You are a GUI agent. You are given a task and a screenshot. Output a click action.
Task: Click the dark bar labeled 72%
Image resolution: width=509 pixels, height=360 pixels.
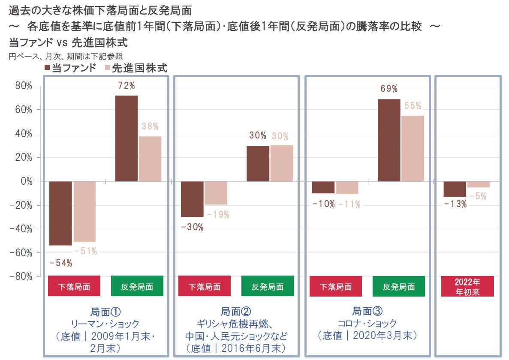click(126, 138)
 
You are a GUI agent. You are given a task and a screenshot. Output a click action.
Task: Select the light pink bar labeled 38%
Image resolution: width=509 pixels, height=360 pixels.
click(150, 159)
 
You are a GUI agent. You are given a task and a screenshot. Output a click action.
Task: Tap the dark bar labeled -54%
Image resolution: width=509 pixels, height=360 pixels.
click(60, 213)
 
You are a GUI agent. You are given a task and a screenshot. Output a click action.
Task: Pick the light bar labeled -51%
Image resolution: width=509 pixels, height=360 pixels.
click(84, 211)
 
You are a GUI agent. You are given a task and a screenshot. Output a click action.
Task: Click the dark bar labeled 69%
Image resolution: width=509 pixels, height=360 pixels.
click(389, 140)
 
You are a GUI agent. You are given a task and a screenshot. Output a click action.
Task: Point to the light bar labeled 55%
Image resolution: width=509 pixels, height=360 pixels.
click(412, 148)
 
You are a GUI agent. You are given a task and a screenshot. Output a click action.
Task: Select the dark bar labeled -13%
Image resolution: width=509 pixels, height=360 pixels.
click(455, 189)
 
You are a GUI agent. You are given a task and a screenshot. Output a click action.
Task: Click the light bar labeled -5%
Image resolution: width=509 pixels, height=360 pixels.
click(478, 184)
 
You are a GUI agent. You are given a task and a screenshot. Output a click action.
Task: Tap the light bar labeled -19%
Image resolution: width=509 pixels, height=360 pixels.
click(216, 193)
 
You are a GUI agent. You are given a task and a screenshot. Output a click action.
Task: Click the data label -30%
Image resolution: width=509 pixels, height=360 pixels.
click(192, 227)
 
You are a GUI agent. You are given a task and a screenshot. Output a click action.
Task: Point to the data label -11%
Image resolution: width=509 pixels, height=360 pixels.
click(349, 204)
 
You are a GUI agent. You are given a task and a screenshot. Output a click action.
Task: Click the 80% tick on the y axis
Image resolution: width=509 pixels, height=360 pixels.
click(24, 86)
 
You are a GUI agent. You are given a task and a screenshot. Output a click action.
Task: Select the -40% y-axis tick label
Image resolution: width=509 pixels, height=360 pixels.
click(21, 229)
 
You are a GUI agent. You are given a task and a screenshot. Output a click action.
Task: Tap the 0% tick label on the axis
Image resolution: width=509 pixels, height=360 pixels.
click(26, 181)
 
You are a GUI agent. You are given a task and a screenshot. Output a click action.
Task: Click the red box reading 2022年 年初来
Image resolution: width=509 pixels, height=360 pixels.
click(467, 286)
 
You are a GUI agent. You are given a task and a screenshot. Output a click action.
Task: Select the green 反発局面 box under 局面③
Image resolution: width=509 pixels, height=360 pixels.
click(399, 286)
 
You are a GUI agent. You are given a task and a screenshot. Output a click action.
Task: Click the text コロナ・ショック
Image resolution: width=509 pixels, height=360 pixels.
click(367, 323)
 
